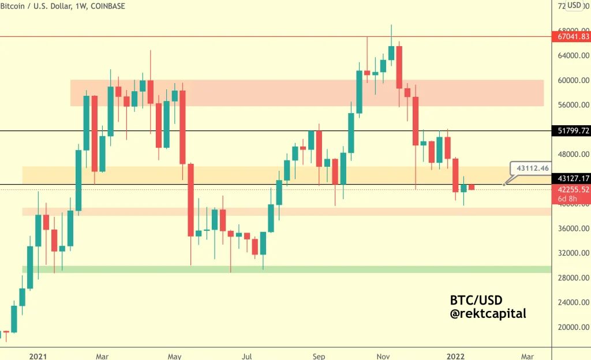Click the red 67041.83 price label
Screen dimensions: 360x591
coord(574,36)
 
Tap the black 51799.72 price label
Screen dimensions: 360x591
coord(574,131)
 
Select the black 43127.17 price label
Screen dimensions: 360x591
coord(574,179)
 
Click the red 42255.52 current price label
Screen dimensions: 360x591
coord(574,189)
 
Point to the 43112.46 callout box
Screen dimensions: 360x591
coord(532,168)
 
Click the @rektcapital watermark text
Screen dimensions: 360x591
coord(488,314)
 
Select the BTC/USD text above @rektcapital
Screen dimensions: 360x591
coord(476,301)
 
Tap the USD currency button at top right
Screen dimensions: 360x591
coord(574,6)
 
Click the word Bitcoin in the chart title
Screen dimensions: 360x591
coord(13,6)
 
